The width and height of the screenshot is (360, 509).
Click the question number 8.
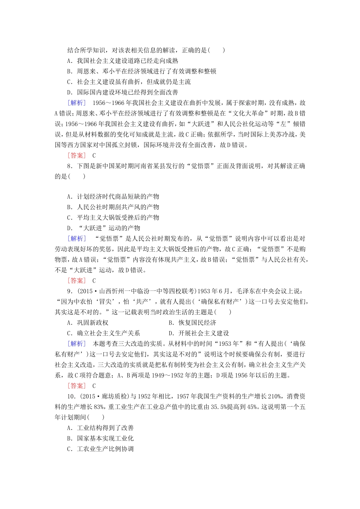click(69, 166)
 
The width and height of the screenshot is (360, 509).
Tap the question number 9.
click(69, 291)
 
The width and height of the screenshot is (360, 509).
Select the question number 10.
click(71, 397)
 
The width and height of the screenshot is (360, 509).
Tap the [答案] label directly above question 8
click(77, 155)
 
